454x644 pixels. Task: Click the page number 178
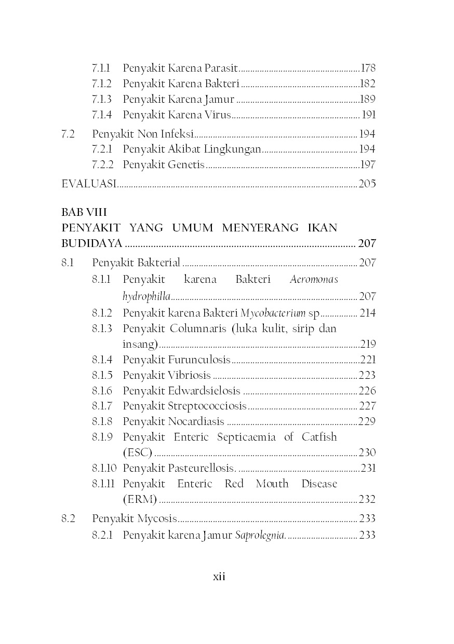[368, 68]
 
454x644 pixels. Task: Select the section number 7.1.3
[102, 99]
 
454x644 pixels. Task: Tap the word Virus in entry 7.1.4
[217, 115]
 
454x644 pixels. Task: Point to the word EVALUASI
[89, 184]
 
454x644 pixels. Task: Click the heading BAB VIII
[84, 212]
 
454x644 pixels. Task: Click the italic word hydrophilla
[146, 297]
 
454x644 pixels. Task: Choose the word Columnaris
[196, 328]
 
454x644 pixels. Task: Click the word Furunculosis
[198, 360]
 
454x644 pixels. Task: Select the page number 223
[367, 375]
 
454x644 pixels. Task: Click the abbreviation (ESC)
[137, 453]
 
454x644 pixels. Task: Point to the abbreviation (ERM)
[139, 500]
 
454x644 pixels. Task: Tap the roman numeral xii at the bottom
[219, 577]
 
